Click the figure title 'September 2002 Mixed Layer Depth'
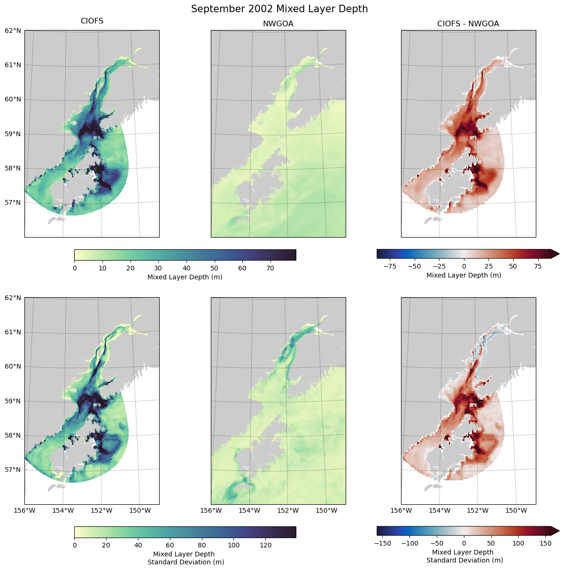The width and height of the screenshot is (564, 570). coord(279,9)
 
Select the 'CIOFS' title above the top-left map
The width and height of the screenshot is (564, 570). coord(92,21)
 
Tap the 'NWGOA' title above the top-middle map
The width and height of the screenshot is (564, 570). coord(278,23)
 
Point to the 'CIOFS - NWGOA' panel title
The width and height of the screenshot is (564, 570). coord(468,23)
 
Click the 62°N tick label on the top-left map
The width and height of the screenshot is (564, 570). coord(13,31)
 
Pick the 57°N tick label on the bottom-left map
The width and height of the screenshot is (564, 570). coord(13,470)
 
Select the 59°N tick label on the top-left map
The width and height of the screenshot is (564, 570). coord(13,134)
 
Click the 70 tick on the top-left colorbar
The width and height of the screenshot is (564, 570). coord(270,269)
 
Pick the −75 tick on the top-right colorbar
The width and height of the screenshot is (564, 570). coord(389,266)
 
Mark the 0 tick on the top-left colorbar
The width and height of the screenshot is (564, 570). coord(75,269)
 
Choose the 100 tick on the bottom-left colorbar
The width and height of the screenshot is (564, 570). coord(234,546)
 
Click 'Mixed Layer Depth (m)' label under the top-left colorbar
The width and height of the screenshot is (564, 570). coord(185,277)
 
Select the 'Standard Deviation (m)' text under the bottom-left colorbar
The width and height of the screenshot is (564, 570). coord(185,562)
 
